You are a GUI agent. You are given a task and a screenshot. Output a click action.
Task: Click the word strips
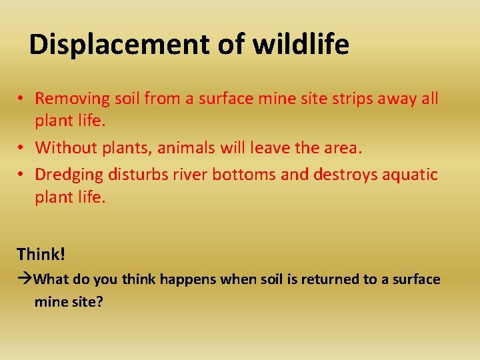360,99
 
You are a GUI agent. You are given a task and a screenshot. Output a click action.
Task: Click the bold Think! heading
41,254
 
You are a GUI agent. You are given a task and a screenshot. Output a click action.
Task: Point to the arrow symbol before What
25,279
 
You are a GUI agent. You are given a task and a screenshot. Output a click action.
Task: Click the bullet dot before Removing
22,99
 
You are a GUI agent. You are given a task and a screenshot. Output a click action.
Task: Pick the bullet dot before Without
22,148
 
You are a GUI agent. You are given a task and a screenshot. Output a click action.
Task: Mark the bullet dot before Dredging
22,175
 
